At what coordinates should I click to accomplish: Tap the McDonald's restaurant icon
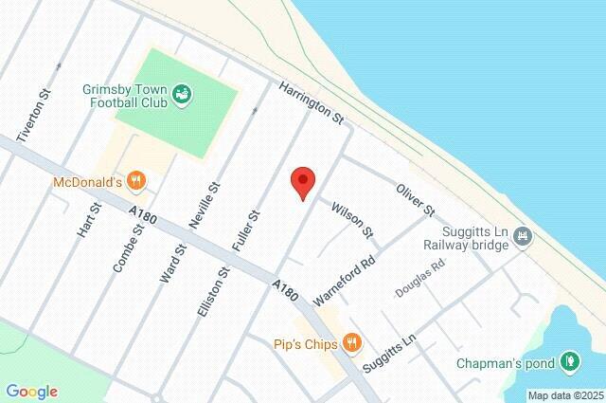tap(138, 179)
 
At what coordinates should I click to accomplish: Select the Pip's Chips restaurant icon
tap(352, 342)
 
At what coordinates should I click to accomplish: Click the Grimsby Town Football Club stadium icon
tap(183, 92)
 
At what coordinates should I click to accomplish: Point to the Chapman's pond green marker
tap(569, 361)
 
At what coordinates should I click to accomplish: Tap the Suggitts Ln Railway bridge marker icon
tap(522, 241)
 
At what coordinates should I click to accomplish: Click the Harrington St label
tap(310, 104)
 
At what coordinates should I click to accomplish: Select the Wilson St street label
tap(352, 219)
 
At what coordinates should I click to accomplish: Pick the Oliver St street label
tap(414, 195)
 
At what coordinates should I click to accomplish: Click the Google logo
tap(31, 391)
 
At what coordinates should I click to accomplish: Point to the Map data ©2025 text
tap(564, 395)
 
